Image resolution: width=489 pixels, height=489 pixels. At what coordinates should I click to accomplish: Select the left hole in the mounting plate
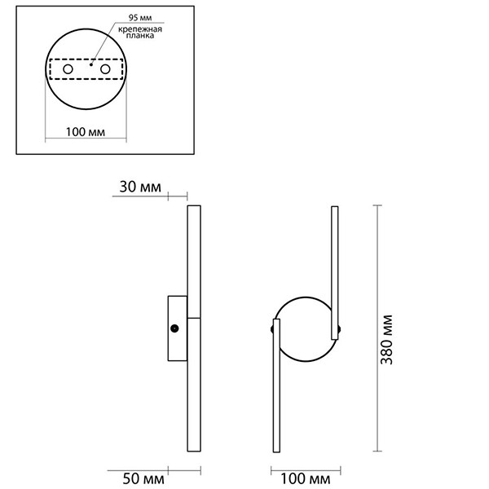(x=68, y=71)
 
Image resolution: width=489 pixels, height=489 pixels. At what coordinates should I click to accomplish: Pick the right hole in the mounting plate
(x=105, y=71)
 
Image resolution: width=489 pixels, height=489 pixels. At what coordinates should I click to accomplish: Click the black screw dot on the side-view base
(x=174, y=328)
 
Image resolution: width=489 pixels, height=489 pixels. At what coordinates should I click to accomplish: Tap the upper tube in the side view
(x=194, y=261)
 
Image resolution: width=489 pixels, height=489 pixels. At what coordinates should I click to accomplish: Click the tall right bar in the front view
(x=334, y=273)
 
